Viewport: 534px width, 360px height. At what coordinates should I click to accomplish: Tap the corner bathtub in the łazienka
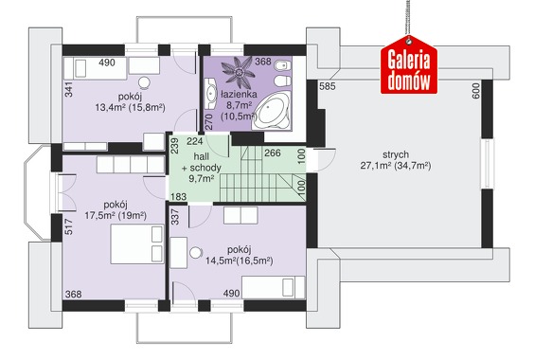coord(273,111)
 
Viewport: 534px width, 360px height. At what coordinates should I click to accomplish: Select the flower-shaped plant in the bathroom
coord(239,72)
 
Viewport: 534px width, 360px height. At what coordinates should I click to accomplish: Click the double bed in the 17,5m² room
coord(137,244)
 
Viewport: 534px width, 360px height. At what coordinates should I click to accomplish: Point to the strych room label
coord(396,154)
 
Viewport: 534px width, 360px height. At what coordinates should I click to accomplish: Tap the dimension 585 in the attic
coord(328,86)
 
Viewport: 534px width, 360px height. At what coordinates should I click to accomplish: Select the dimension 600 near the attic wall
coord(476,91)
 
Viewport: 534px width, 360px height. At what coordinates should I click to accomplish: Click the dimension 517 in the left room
coord(68,226)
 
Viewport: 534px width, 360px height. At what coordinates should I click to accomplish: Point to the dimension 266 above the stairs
coord(273,153)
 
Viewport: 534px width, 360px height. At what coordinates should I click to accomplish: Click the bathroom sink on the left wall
coord(211,93)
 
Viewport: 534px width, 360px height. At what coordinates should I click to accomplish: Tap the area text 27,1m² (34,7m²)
coord(396,166)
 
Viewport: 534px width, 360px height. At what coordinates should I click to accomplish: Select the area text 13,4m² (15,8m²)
coord(130,108)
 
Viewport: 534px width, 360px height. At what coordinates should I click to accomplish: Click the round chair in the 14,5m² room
coord(195,253)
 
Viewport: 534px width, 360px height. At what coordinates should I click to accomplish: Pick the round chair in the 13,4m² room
coord(144,82)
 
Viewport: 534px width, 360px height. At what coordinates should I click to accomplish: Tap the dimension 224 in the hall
coord(195,141)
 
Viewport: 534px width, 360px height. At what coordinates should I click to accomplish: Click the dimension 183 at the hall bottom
coord(178,197)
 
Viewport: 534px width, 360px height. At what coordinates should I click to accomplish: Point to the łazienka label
coord(239,94)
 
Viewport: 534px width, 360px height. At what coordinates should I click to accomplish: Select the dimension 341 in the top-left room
coord(68,89)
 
